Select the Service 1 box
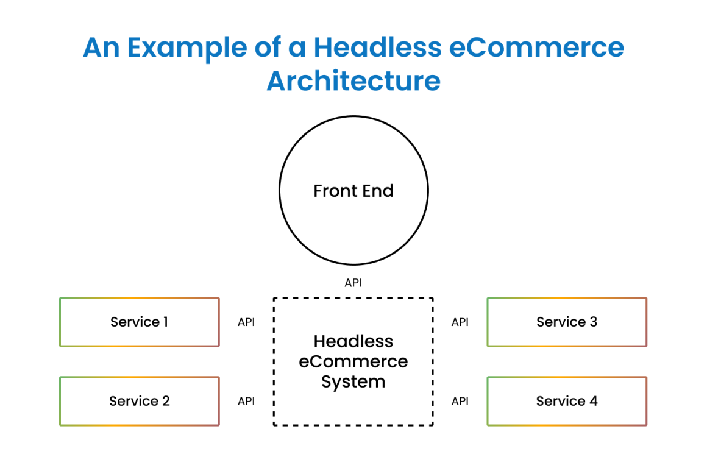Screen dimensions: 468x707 (x=139, y=322)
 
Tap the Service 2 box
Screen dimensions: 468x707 (x=139, y=402)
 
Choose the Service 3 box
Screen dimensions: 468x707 (x=567, y=322)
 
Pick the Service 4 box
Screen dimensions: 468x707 (x=567, y=402)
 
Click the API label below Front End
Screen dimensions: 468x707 (x=353, y=283)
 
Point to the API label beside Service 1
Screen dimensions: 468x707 (x=246, y=322)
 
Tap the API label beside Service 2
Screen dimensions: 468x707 (x=246, y=402)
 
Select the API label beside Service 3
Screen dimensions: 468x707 (x=460, y=322)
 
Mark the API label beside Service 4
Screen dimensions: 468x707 (x=460, y=402)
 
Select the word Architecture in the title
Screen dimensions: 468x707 (x=353, y=81)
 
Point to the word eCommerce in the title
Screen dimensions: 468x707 (x=537, y=48)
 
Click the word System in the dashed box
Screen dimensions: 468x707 (x=353, y=382)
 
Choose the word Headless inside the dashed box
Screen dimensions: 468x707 (x=353, y=341)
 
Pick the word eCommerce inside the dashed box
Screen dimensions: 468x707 (x=353, y=361)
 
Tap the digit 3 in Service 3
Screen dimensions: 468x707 (x=593, y=322)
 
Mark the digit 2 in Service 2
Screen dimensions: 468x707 (x=165, y=402)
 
